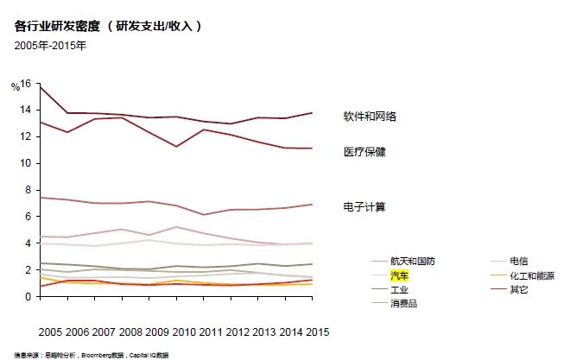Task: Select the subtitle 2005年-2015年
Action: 50,45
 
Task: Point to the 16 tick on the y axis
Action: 25,84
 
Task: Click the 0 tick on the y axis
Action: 28,296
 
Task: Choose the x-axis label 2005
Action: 51,332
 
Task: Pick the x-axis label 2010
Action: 184,332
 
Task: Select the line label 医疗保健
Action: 364,152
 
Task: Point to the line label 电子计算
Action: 364,207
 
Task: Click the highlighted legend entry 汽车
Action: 400,275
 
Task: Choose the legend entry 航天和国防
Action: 412,261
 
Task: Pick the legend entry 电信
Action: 519,261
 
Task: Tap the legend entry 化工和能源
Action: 531,275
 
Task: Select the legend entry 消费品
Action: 405,303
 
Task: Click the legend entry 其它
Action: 519,289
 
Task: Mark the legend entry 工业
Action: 400,289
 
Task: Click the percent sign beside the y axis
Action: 15,87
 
